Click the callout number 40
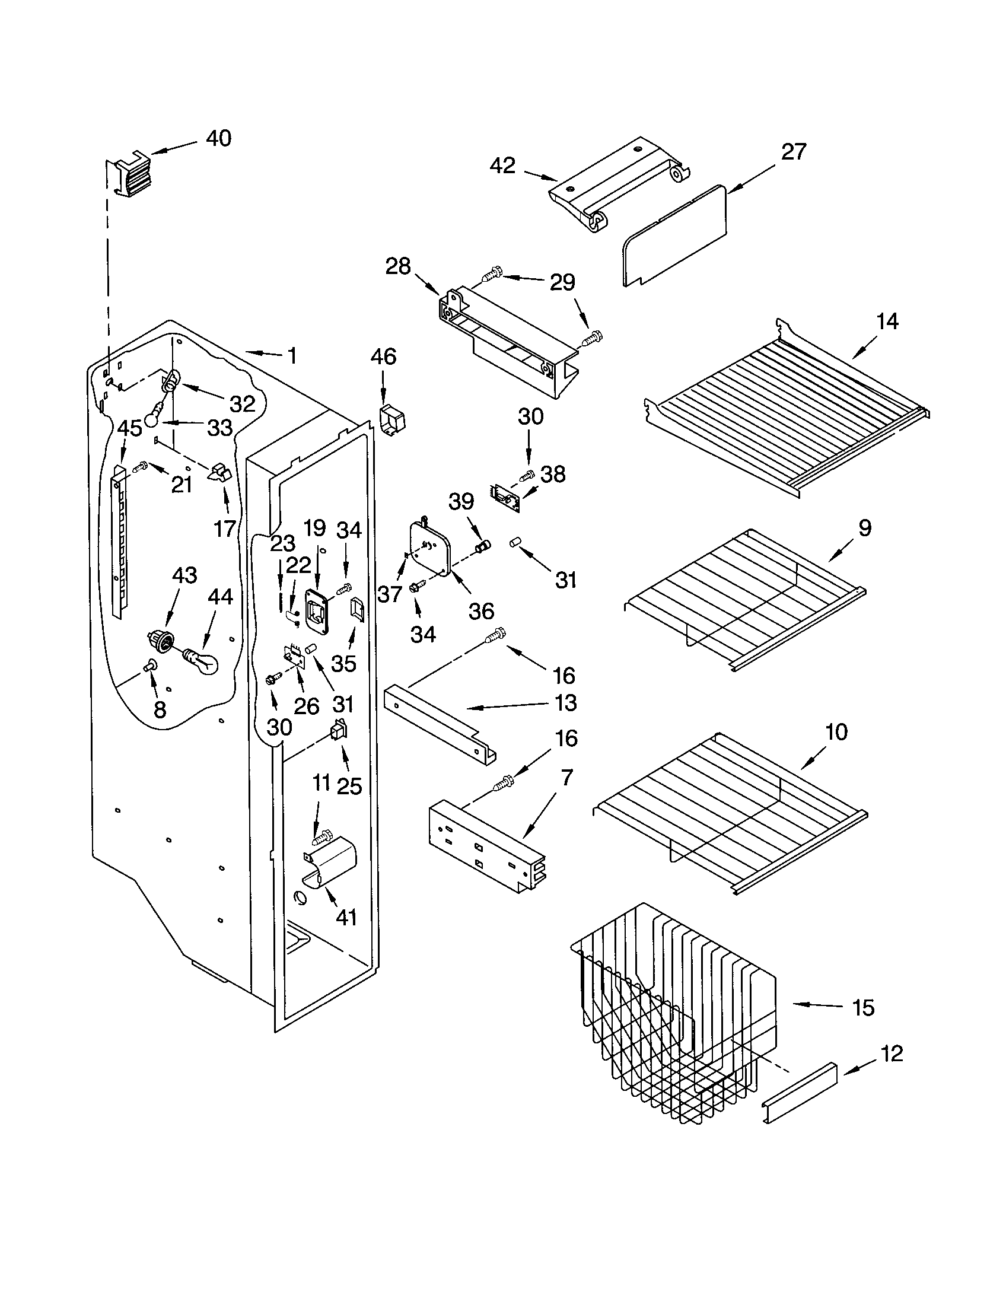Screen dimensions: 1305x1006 tap(218, 139)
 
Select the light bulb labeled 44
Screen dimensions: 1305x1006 tap(202, 661)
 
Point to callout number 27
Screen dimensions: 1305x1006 tap(793, 152)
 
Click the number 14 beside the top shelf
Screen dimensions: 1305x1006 tap(887, 322)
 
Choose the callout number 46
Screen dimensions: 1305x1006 tap(383, 357)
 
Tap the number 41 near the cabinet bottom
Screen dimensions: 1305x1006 tap(346, 916)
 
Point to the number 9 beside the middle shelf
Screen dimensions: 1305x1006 tap(865, 527)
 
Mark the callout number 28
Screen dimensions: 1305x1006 tap(398, 266)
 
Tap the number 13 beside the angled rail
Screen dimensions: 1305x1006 tap(565, 703)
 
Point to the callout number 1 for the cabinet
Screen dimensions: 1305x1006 tap(291, 356)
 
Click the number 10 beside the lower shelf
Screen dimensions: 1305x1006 tap(836, 731)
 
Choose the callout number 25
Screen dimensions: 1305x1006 tap(349, 787)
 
